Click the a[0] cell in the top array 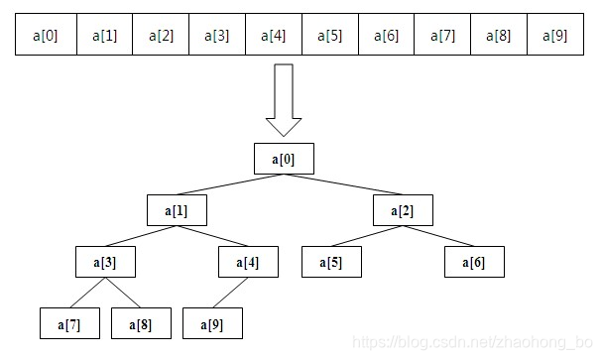(x=46, y=37)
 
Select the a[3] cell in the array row (x=216, y=37)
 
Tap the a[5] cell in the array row (x=329, y=37)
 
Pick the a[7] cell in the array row (x=443, y=37)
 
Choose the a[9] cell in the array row (x=556, y=37)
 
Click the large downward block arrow (x=284, y=100)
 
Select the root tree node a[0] (x=284, y=159)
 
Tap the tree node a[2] (x=403, y=210)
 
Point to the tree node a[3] (x=105, y=263)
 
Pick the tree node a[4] (x=247, y=263)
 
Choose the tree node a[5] (x=331, y=263)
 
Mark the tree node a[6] (x=474, y=263)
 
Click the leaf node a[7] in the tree (x=69, y=323)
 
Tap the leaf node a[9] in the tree (x=212, y=323)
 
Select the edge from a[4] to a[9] (x=230, y=293)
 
